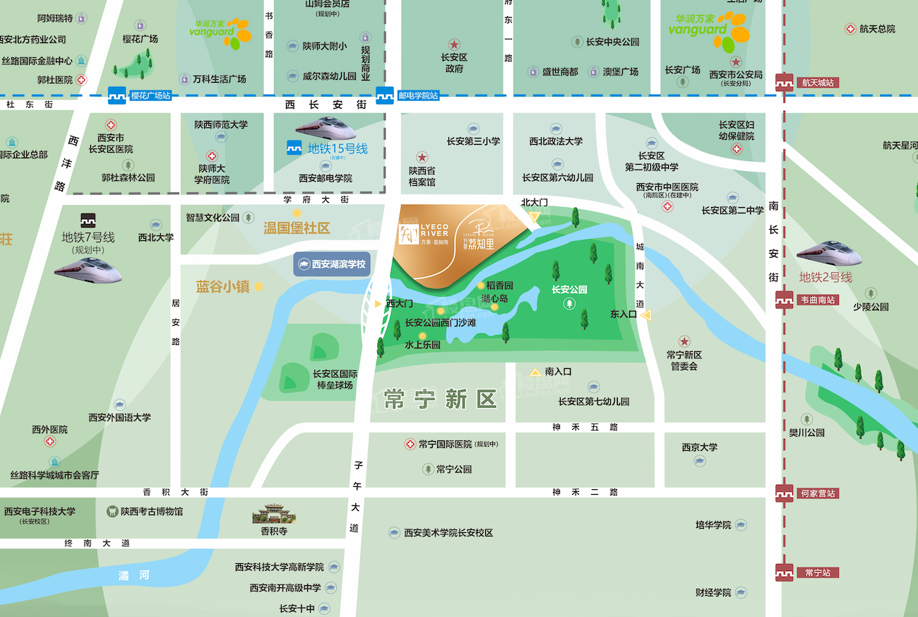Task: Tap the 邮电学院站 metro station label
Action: coord(418,95)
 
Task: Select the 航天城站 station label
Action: coord(818,83)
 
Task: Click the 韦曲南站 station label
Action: coord(818,299)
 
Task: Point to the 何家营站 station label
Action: coord(818,493)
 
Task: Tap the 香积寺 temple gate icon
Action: coord(273,514)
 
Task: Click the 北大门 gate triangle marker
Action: coord(535,216)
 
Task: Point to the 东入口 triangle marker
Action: coord(646,315)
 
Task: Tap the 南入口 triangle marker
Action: coord(535,371)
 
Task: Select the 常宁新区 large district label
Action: coord(441,399)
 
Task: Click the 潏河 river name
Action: coord(134,576)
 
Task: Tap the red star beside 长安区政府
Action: coord(454,44)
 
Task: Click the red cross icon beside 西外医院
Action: coord(49,442)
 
